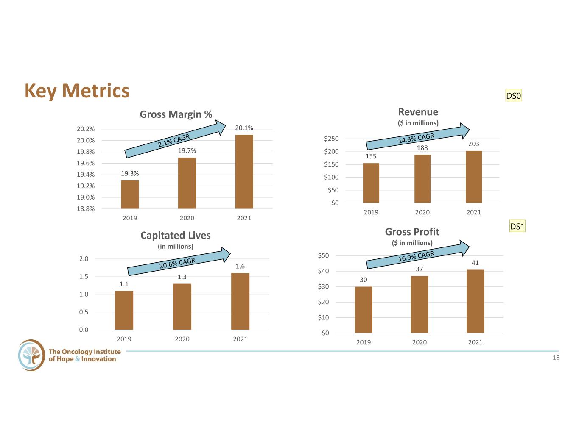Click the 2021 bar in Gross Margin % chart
tap(244, 172)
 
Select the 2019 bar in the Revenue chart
tap(371, 183)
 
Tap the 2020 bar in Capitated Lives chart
tap(182, 307)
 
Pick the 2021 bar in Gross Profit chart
tap(476, 301)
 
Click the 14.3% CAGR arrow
tap(417, 137)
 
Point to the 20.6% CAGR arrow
tap(179, 261)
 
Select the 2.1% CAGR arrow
tap(175, 139)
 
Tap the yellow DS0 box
tap(513, 95)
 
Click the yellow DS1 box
tap(517, 226)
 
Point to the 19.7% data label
tap(187, 151)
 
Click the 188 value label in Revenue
tap(422, 148)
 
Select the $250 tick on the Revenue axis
tap(331, 139)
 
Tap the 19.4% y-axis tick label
tap(86, 175)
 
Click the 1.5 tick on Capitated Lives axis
tap(84, 276)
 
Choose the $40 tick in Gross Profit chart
tap(323, 271)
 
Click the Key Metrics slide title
tap(77, 91)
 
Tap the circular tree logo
tap(31, 355)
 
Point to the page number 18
tap(556, 358)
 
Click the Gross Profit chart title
tap(412, 232)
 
